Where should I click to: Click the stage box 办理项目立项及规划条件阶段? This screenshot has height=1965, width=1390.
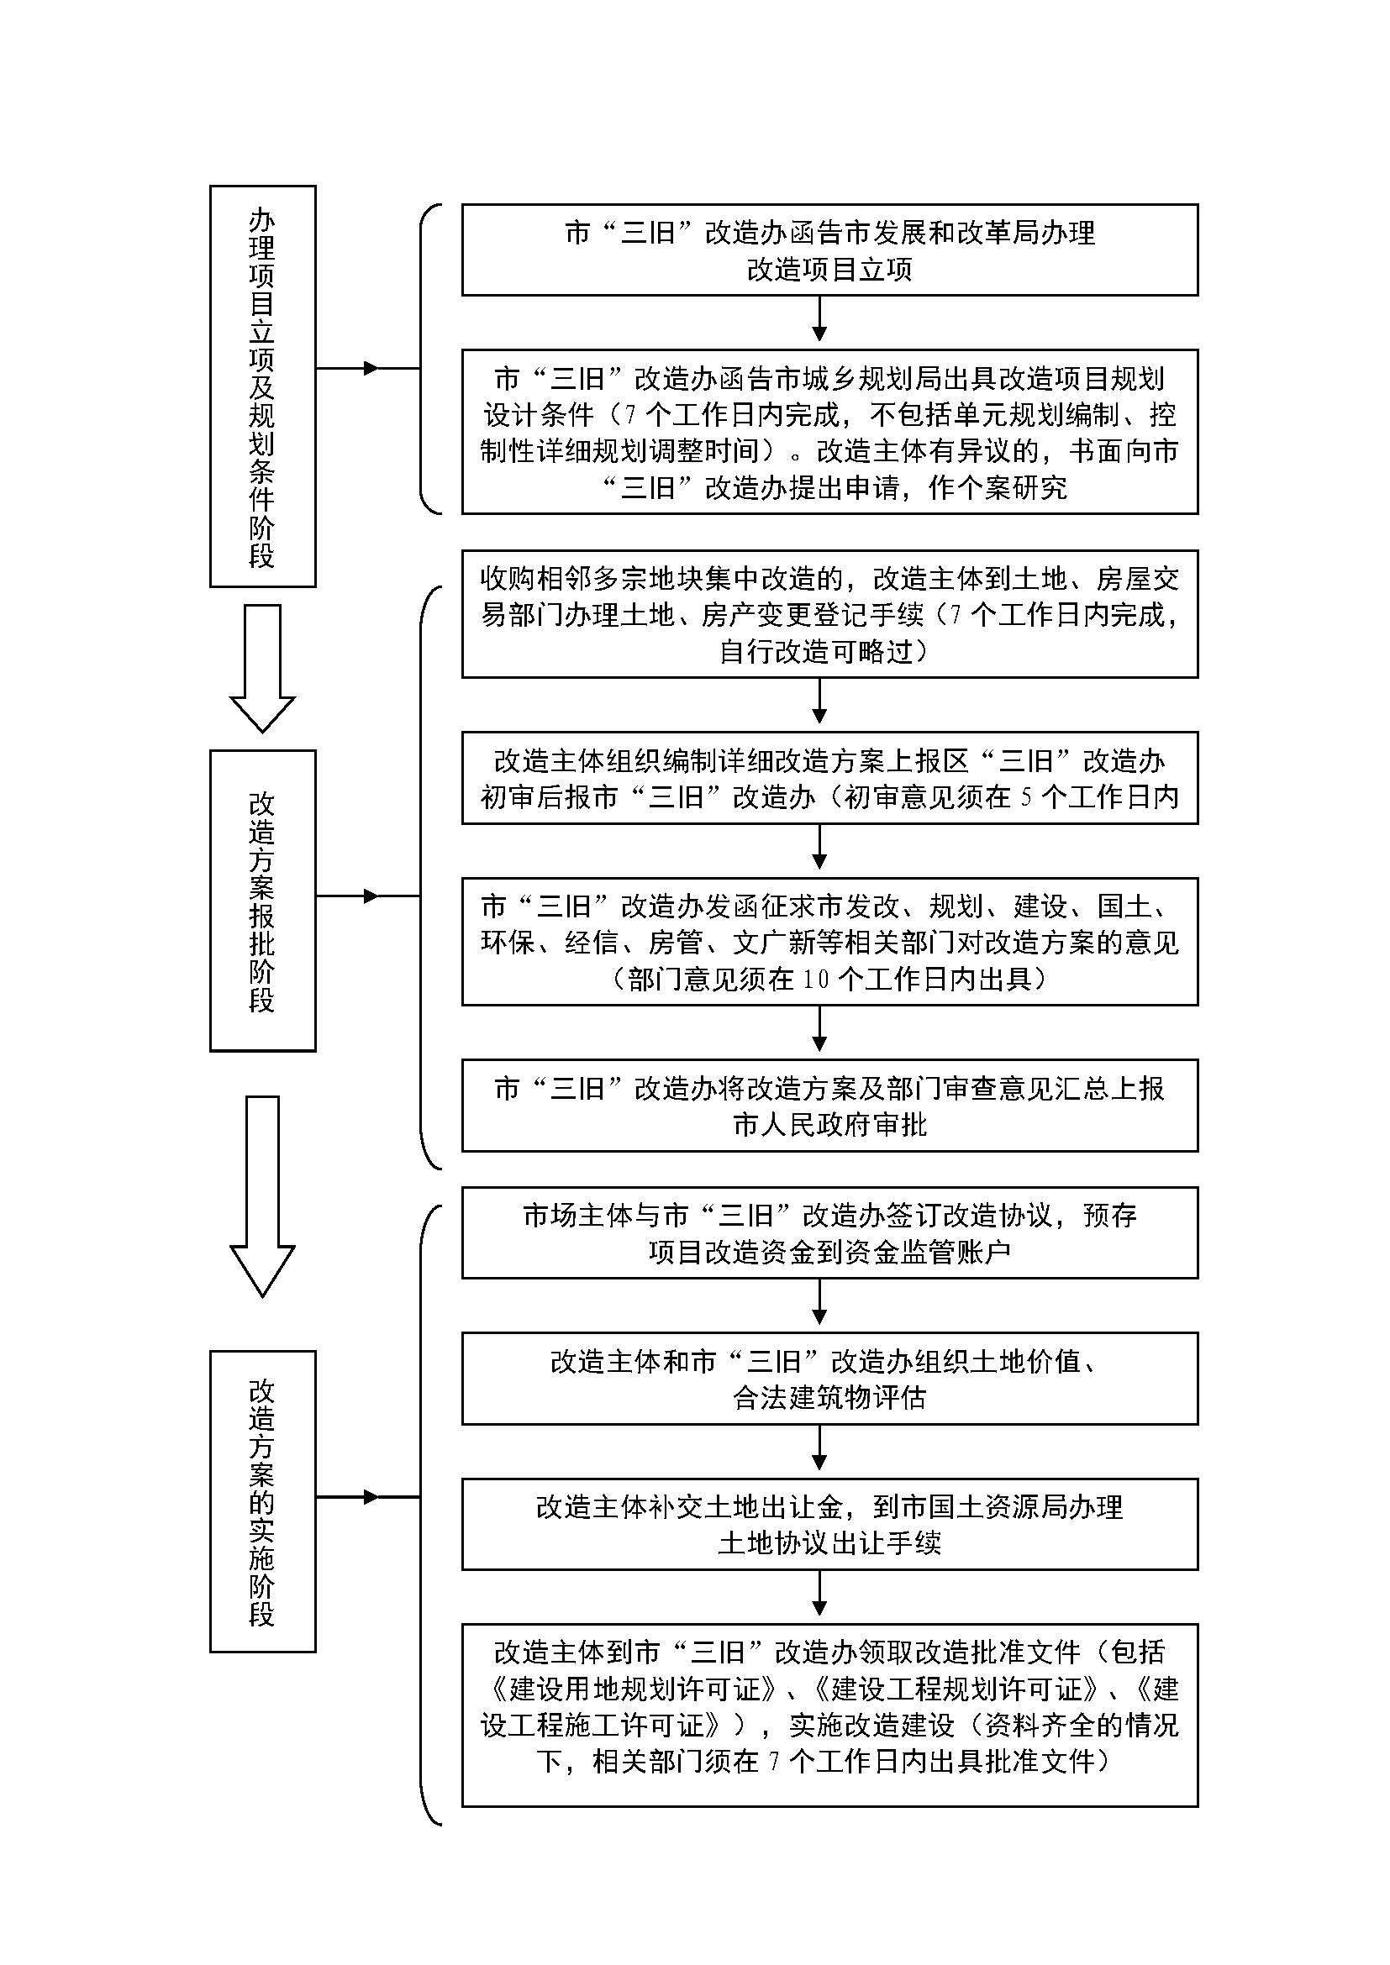pyautogui.click(x=263, y=386)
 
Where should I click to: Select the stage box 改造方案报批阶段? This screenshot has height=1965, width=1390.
pyautogui.click(x=263, y=901)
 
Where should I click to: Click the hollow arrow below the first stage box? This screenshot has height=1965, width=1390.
pyautogui.click(x=263, y=669)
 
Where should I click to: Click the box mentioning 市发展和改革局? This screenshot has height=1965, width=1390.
pyautogui.click(x=829, y=250)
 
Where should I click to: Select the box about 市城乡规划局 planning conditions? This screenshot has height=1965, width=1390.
pyautogui.click(x=829, y=431)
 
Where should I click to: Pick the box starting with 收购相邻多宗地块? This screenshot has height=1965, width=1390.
pyautogui.click(x=829, y=614)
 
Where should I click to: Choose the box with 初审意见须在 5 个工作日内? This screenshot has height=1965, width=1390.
pyautogui.click(x=829, y=778)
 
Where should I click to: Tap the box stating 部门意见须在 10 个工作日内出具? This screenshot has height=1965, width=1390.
pyautogui.click(x=829, y=942)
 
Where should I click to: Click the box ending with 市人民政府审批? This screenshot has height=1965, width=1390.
pyautogui.click(x=829, y=1106)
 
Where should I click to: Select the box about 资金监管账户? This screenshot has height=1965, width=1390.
pyautogui.click(x=829, y=1233)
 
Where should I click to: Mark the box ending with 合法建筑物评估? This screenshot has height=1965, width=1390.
pyautogui.click(x=829, y=1379)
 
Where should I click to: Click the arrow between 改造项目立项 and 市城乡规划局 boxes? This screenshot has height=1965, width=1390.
pyautogui.click(x=819, y=318)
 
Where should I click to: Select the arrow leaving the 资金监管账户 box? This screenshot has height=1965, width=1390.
pyautogui.click(x=819, y=1301)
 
